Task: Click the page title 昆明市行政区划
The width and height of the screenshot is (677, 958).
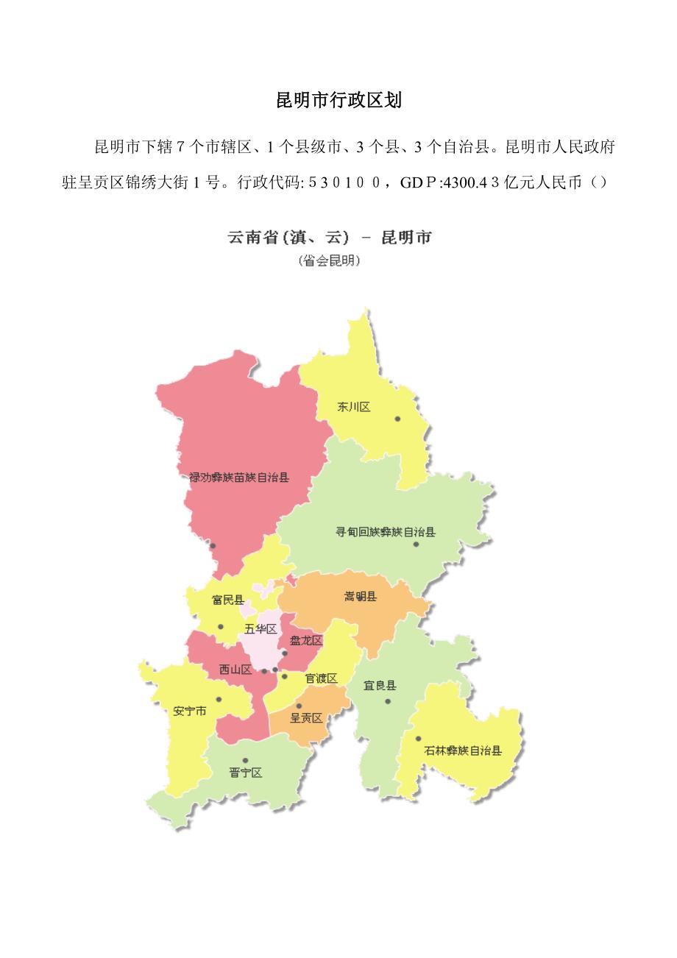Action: click(338, 101)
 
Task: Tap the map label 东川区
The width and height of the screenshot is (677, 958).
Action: click(354, 407)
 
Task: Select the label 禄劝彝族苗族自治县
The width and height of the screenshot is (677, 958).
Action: click(239, 478)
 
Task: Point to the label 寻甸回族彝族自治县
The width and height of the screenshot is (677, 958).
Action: click(386, 532)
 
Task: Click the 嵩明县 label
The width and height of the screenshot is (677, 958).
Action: click(361, 597)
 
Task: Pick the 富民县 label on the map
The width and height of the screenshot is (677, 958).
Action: click(228, 600)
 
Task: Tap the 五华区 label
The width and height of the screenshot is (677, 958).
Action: click(260, 629)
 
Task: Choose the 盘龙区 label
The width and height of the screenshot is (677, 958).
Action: click(306, 641)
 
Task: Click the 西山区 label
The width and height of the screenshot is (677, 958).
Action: click(235, 670)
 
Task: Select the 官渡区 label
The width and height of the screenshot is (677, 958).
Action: click(321, 678)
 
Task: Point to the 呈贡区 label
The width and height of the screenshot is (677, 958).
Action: click(306, 718)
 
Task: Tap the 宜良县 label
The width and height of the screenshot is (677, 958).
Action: click(380, 686)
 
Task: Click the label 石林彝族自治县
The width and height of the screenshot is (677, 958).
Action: click(463, 751)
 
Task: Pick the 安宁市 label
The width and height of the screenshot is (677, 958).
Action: click(190, 712)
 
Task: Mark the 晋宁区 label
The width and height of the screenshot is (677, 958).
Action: click(245, 773)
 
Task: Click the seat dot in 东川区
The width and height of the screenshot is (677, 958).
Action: click(397, 419)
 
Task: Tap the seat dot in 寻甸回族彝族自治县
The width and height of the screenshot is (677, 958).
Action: click(416, 544)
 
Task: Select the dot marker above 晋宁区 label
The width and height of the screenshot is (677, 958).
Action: click(245, 761)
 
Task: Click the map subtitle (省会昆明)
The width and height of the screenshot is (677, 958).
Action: click(330, 260)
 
